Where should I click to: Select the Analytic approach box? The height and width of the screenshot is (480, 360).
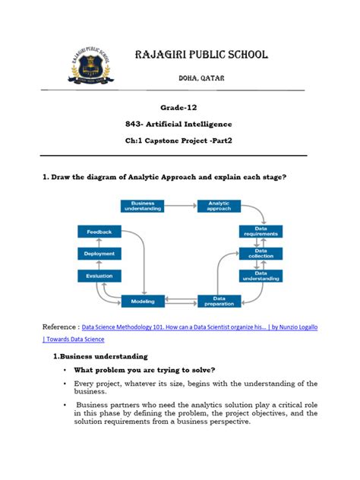pyautogui.click(x=219, y=205)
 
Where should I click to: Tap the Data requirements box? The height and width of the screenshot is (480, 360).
pyautogui.click(x=261, y=231)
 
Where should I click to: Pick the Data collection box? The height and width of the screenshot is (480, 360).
pyautogui.click(x=261, y=254)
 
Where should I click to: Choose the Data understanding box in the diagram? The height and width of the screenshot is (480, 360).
pyautogui.click(x=261, y=276)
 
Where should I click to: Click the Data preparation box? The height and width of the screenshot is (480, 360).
pyautogui.click(x=219, y=302)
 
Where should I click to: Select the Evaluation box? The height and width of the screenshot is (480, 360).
pyautogui.click(x=99, y=277)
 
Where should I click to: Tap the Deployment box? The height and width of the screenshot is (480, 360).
pyautogui.click(x=99, y=254)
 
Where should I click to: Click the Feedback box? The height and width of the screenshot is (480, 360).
pyautogui.click(x=99, y=231)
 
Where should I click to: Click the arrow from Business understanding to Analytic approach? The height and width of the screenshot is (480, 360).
pyautogui.click(x=180, y=205)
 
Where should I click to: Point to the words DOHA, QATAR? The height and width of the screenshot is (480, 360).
pyautogui.click(x=201, y=78)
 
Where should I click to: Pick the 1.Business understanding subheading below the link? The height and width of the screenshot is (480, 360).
pyautogui.click(x=100, y=355)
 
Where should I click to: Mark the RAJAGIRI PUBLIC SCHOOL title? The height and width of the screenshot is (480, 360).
pyautogui.click(x=201, y=55)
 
